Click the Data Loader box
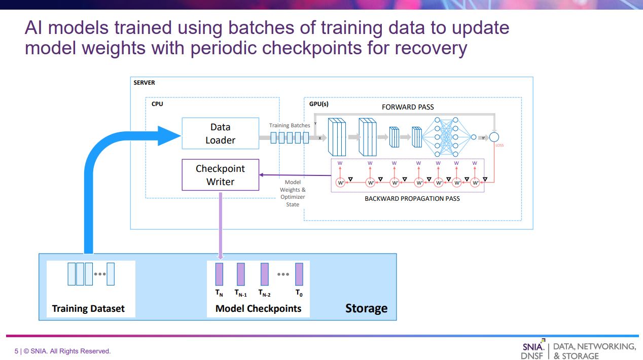[220, 133]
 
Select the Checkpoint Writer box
[220, 175]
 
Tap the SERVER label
[144, 83]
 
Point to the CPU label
[157, 104]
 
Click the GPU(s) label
[319, 104]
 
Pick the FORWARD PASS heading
[408, 107]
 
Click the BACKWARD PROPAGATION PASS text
[412, 199]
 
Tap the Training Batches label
[289, 125]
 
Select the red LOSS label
[499, 146]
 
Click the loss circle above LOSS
[494, 137]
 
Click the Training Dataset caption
[88, 308]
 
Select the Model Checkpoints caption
[258, 308]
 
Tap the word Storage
[366, 308]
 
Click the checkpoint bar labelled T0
[299, 274]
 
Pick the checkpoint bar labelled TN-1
[241, 274]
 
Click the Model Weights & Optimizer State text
[293, 193]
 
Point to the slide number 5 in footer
[16, 351]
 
